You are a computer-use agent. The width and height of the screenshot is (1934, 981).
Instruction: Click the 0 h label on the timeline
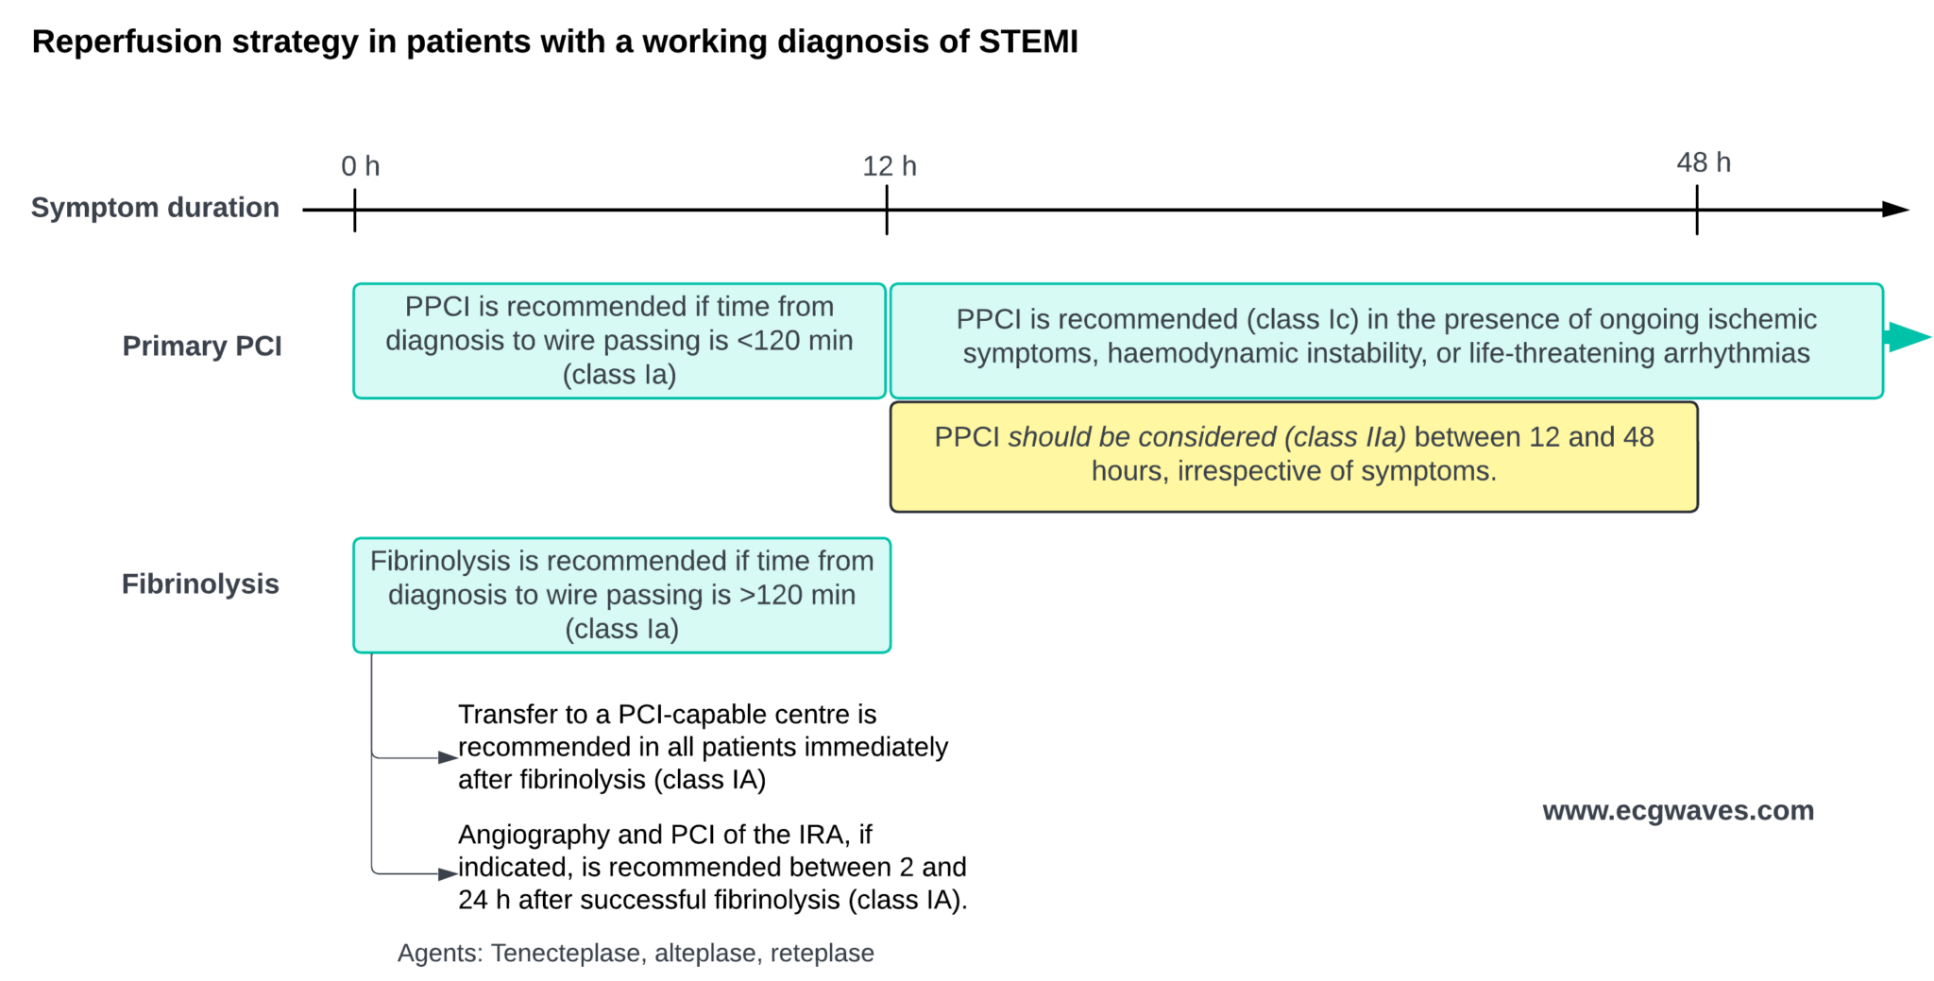[360, 166]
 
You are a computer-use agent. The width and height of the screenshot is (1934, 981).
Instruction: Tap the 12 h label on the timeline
[889, 166]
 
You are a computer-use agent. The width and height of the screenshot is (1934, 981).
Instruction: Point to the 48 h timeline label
[1703, 162]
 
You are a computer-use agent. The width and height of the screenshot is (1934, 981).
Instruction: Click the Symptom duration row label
[155, 208]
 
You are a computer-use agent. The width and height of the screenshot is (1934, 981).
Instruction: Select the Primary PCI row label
[202, 347]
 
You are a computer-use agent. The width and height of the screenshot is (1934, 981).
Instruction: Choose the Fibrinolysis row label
[200, 584]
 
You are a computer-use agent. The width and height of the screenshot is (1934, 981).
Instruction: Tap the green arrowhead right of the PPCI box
[1908, 337]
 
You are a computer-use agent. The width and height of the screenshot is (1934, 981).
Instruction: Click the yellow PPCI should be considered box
[1293, 456]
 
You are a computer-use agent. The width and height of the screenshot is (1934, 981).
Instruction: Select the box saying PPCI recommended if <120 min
[619, 341]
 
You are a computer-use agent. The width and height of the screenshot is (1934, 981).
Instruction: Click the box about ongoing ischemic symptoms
[1385, 341]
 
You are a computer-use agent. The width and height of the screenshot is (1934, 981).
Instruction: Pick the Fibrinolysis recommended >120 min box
[621, 596]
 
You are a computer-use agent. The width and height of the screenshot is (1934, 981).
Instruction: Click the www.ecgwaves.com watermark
[1677, 811]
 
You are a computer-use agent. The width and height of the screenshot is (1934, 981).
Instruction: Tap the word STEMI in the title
[1027, 42]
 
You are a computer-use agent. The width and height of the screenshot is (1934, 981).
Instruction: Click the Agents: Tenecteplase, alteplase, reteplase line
[635, 954]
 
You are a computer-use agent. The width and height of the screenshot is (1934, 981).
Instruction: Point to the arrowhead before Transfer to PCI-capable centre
[448, 757]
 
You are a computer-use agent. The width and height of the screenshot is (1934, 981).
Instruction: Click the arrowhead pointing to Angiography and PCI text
[448, 874]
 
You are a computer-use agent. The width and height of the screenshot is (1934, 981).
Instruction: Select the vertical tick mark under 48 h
[1696, 210]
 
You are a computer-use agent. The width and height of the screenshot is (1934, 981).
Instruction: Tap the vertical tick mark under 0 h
[354, 210]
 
